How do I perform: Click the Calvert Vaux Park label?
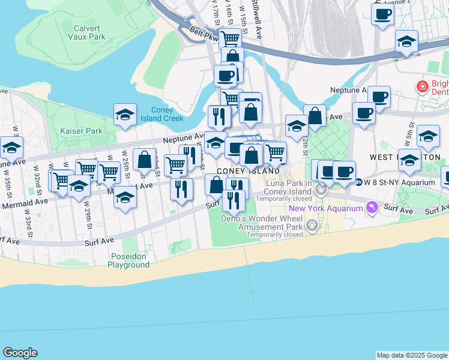90,32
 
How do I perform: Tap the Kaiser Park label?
82,131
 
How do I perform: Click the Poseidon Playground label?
128,260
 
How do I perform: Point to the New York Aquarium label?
325,208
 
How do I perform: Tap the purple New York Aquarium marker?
372,208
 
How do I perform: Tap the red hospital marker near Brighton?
423,87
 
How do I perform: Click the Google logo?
20,353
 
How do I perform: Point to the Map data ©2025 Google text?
412,355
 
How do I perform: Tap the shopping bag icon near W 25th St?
144,159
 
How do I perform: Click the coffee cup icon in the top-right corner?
382,13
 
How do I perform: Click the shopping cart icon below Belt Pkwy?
231,39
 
